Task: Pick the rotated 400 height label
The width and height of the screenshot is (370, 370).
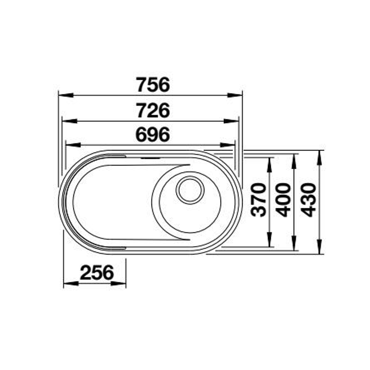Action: (x=284, y=200)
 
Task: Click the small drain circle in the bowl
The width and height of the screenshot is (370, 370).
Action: (x=190, y=190)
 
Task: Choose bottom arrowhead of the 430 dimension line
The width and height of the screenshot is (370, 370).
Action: (x=319, y=249)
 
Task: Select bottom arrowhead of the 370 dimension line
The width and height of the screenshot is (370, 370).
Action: (x=270, y=241)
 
